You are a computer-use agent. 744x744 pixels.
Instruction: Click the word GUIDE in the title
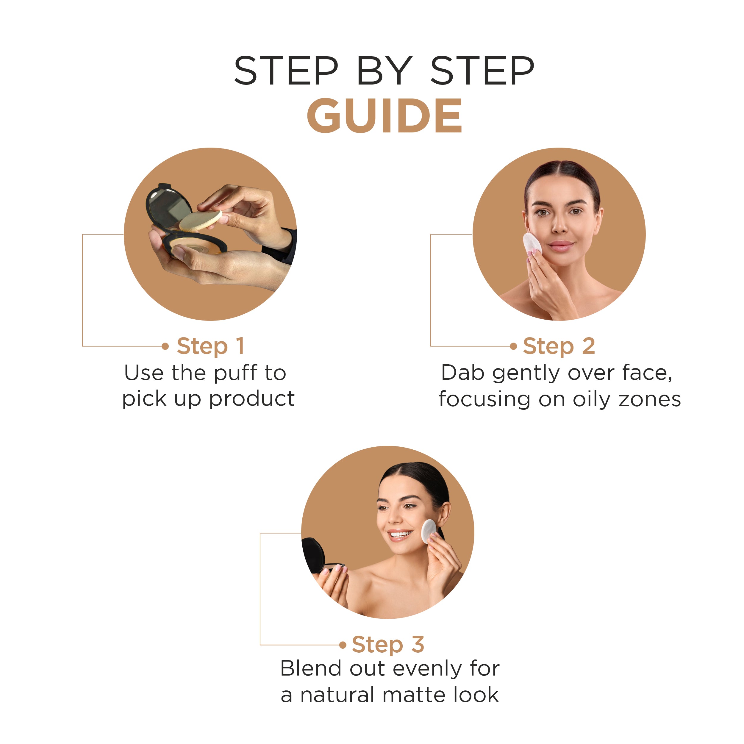point(384,115)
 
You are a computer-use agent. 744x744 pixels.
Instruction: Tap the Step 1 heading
point(210,346)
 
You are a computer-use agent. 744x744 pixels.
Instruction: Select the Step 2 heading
point(559,346)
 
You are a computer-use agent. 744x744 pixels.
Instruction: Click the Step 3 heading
point(388,644)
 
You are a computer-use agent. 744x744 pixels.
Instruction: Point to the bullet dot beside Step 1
point(165,346)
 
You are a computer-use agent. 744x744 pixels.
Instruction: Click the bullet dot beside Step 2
point(513,346)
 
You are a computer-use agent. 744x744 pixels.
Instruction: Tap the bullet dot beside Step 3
point(343,645)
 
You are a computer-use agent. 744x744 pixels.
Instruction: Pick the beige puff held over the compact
point(201,221)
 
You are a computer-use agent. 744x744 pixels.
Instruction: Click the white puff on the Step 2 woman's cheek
point(532,244)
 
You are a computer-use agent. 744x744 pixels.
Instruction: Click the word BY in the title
point(384,71)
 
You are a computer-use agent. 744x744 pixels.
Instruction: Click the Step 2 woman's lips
point(561,245)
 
